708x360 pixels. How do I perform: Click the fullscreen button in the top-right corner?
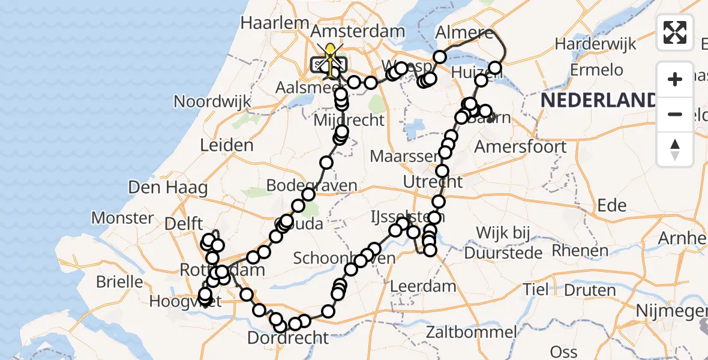[x=675, y=32]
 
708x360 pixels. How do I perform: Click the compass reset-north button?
[x=675, y=149]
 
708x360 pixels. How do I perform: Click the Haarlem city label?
[x=270, y=23]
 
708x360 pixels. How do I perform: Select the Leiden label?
[x=227, y=145]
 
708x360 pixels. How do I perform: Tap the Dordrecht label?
[x=289, y=338]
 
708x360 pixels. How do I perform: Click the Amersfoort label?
[x=520, y=146]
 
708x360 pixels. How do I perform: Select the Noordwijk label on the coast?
[x=212, y=101]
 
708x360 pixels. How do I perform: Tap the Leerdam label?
[x=422, y=286]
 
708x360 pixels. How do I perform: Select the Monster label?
[x=122, y=217]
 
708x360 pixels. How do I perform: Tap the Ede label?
[x=612, y=205]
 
